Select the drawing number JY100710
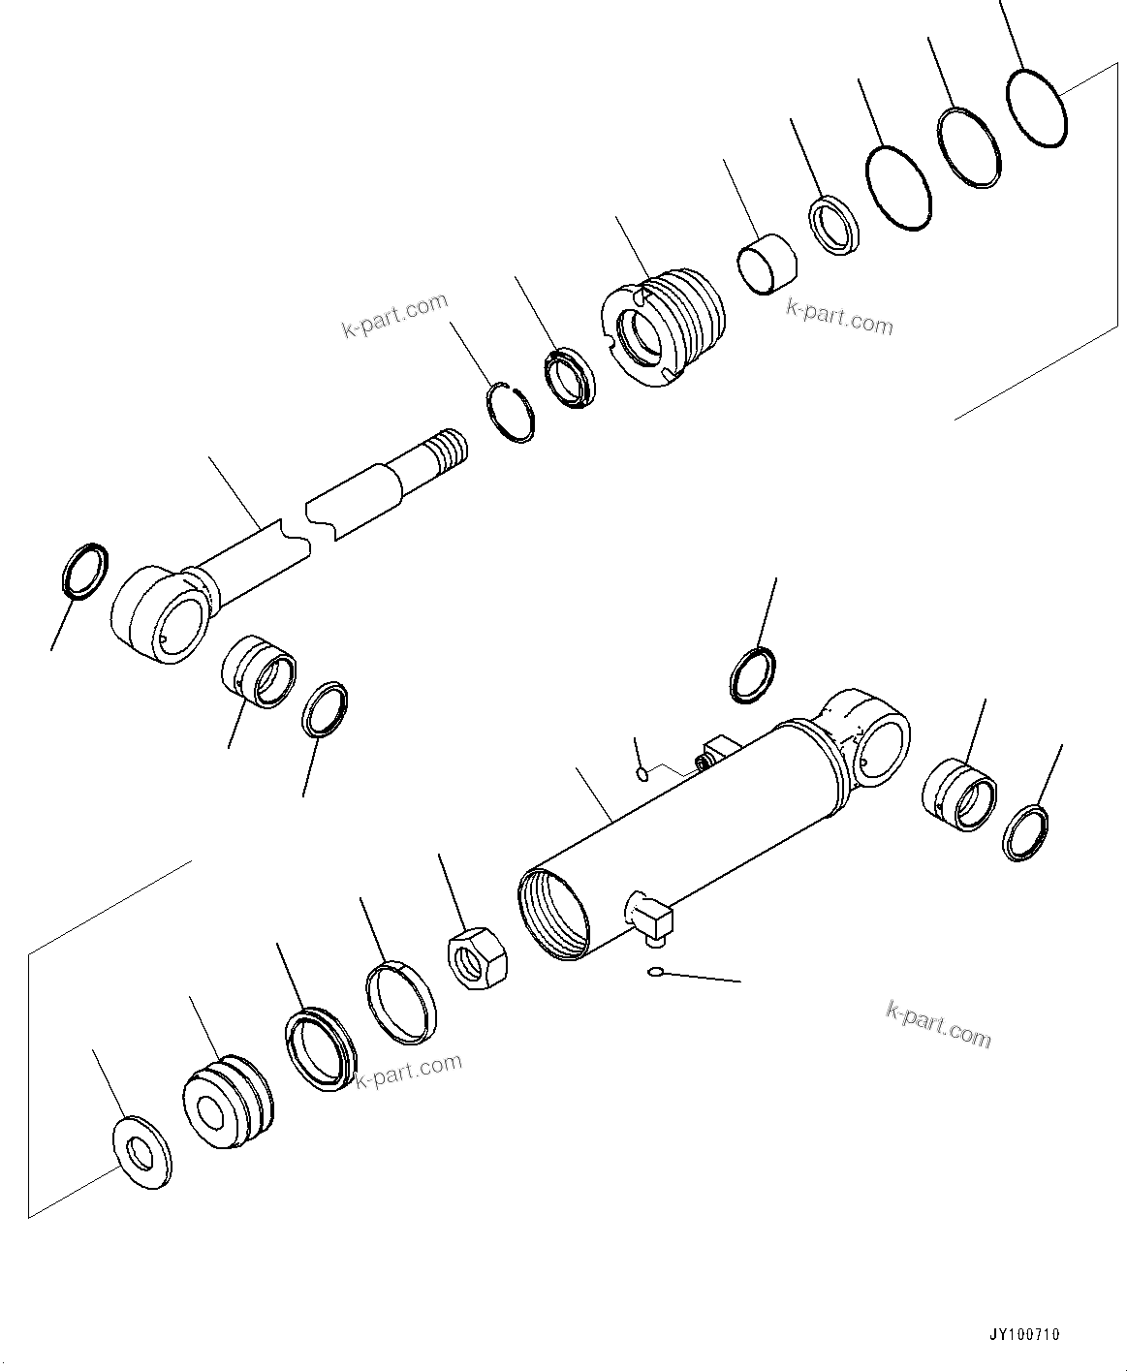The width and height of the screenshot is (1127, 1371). click(x=1025, y=1334)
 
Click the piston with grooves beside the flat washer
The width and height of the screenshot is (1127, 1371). click(x=227, y=1103)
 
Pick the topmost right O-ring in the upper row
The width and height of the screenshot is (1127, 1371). click(x=1037, y=108)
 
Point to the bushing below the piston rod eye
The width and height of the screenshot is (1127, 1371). click(x=259, y=671)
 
